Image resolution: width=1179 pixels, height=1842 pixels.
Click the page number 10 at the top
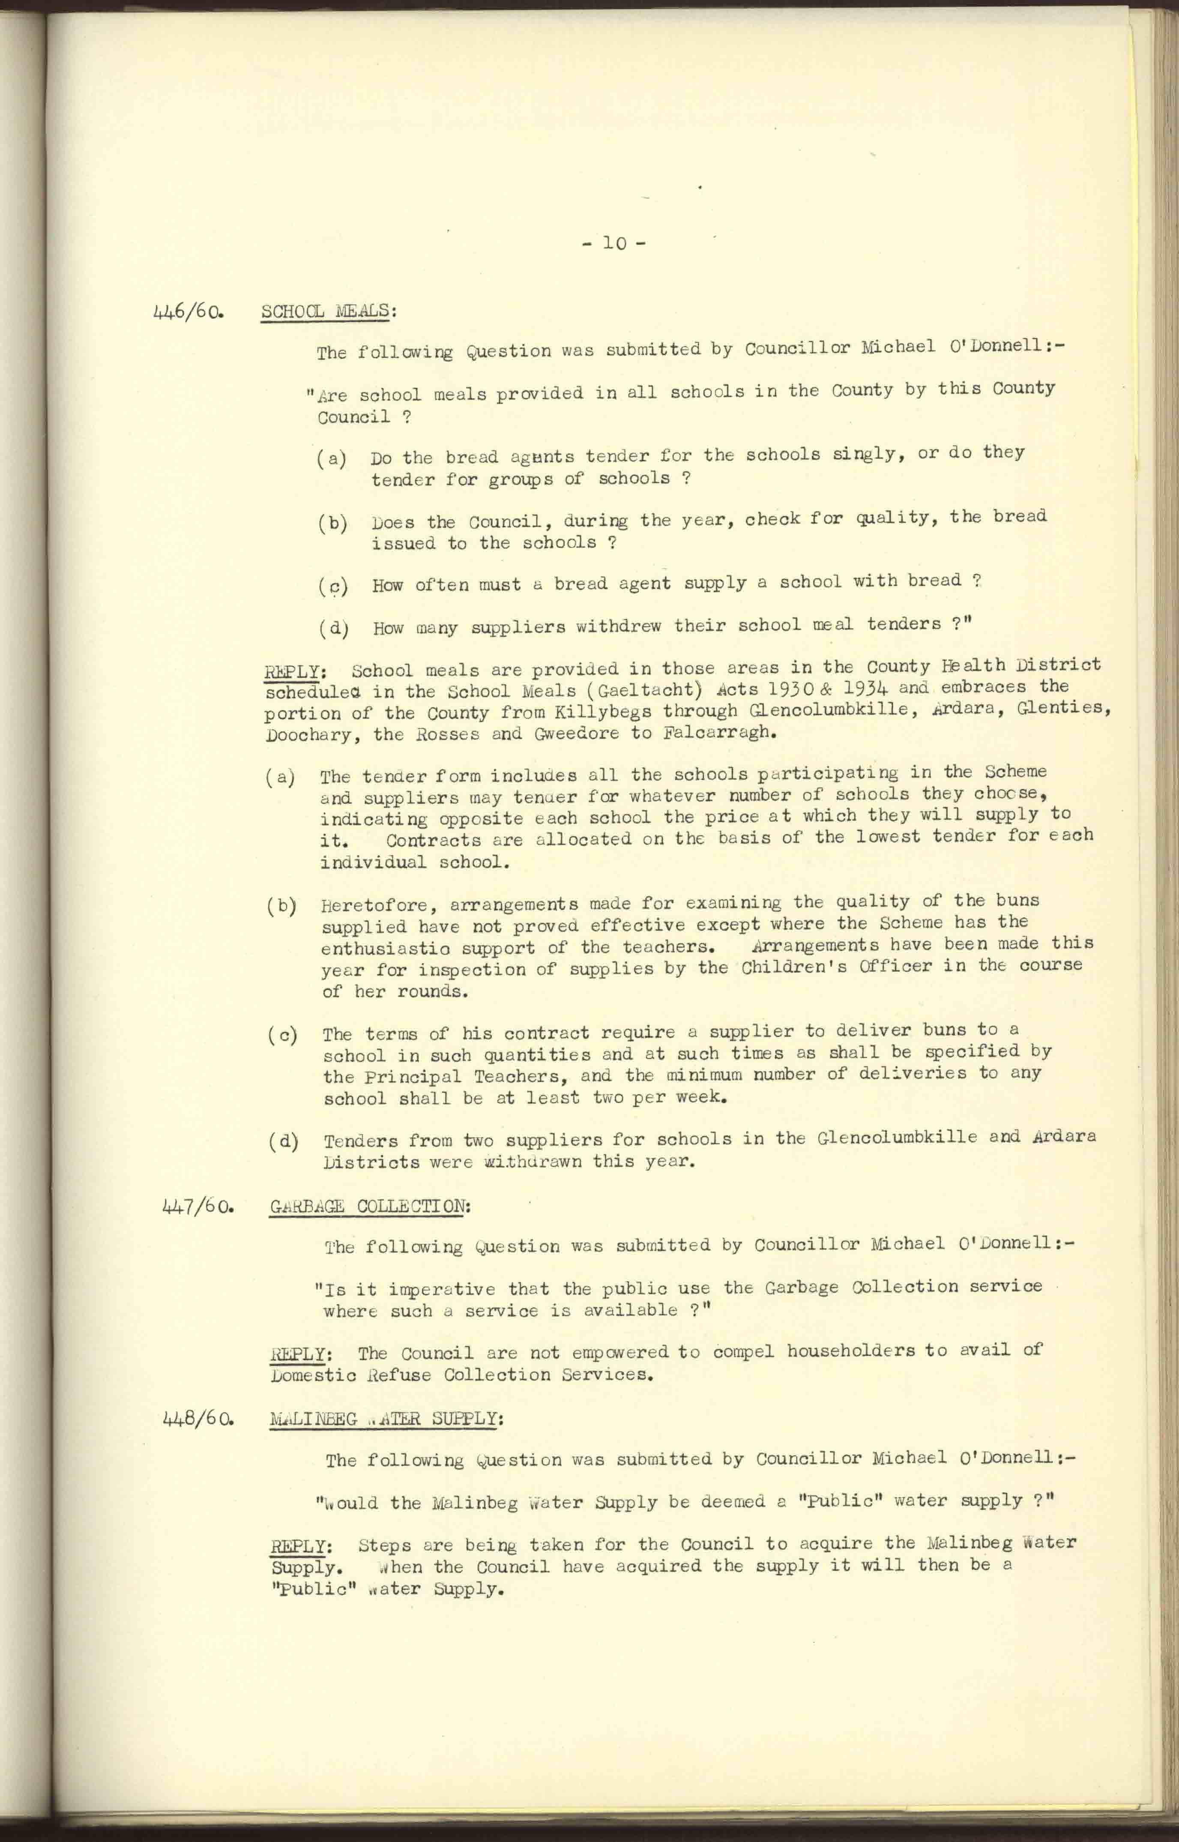(x=614, y=243)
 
